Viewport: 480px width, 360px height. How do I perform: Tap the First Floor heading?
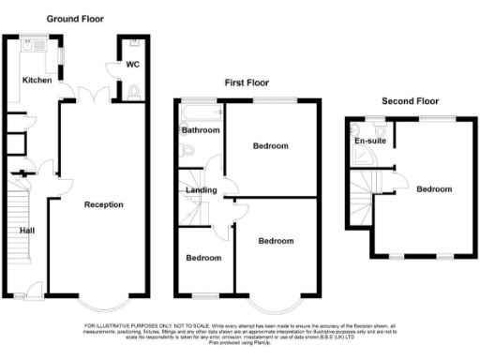tap(247, 83)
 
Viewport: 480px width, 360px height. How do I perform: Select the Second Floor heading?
tap(410, 100)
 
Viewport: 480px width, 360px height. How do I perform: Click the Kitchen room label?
tap(37, 81)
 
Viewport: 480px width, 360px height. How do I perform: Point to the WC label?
tap(133, 66)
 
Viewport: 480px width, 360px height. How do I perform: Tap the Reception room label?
tap(103, 204)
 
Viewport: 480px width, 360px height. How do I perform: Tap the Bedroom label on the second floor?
tap(434, 189)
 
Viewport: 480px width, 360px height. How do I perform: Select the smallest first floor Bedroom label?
tap(202, 258)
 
